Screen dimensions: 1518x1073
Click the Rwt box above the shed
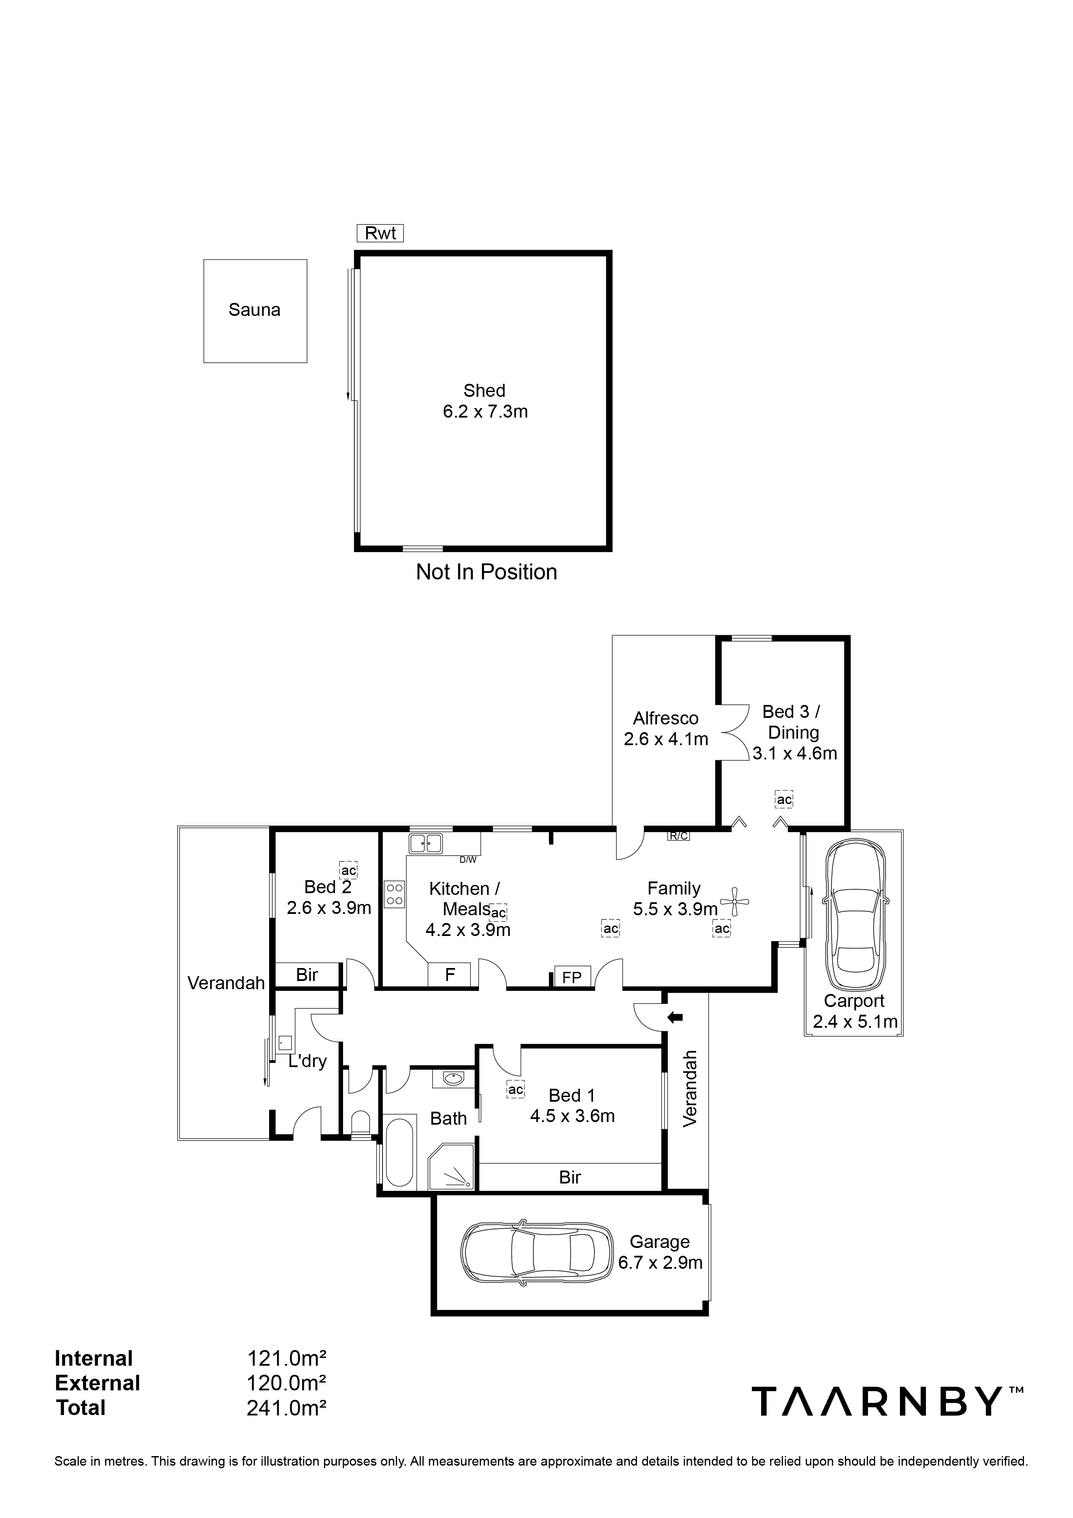380,233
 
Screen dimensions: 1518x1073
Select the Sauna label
254,310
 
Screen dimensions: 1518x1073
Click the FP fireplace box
571,977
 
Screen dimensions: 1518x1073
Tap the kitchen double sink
426,844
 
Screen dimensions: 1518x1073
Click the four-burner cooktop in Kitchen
395,894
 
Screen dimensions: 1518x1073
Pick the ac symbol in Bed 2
348,870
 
